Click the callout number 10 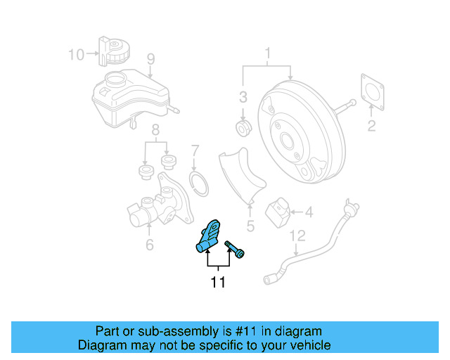point(76,53)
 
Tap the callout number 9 point(150,58)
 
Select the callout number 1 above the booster point(267,53)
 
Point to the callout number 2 point(371,126)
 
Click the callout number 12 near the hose point(297,236)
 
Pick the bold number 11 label point(218,283)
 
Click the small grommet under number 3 point(243,128)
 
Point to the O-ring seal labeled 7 point(200,184)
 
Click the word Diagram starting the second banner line point(101,345)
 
